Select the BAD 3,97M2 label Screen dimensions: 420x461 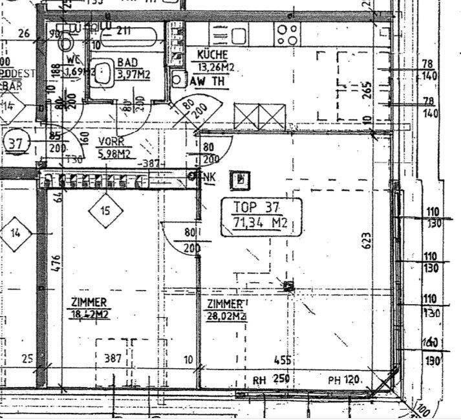tap(133, 69)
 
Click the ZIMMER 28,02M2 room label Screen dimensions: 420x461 tap(225, 310)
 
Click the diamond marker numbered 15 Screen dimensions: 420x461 tap(105, 210)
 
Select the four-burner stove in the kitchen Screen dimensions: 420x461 tap(286, 32)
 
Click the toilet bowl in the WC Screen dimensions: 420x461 tap(66, 43)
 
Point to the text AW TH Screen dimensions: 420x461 tap(208, 82)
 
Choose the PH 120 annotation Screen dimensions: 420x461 tap(343, 380)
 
